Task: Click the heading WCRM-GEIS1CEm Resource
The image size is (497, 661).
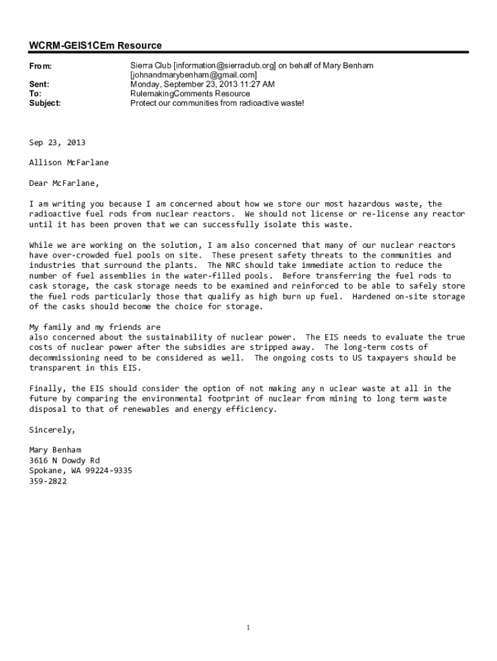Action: pos(96,46)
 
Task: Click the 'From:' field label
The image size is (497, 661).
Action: pos(41,66)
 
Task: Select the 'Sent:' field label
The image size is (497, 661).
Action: pos(39,85)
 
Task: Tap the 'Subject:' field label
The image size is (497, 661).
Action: pos(45,103)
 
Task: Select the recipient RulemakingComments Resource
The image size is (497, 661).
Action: pos(190,94)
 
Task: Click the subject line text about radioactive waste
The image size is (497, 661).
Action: pos(217,103)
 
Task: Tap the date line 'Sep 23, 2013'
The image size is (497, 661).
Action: pos(57,143)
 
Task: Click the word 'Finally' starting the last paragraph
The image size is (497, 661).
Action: pos(48,389)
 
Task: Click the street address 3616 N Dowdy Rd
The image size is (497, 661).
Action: pos(65,460)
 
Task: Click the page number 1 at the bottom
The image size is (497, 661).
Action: pos(249,628)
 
